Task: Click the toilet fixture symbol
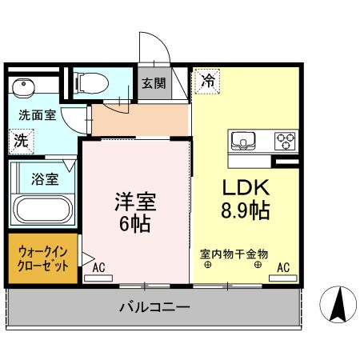90,82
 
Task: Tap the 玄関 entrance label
153,82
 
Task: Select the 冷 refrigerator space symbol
207,81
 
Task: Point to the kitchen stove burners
284,142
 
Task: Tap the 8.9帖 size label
245,211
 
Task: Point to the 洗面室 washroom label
37,115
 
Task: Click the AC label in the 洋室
98,268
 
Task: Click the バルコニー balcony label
154,306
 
